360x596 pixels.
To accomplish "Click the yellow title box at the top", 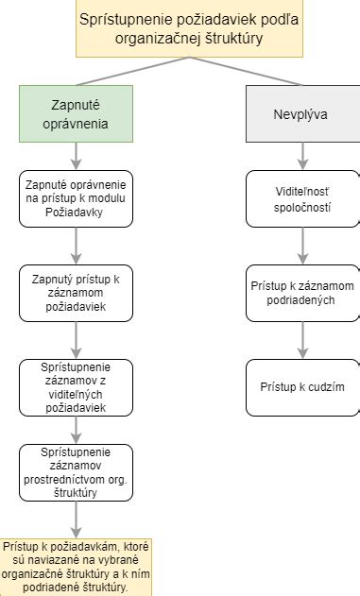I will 179,29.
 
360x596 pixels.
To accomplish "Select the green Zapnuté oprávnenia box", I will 76,113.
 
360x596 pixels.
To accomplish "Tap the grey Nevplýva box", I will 302,113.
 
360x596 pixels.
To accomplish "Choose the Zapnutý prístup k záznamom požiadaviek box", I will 76,293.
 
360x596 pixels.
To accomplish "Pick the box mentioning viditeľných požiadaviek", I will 76,387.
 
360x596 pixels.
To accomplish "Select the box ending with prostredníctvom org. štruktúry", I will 76,471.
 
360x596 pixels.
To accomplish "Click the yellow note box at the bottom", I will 76,567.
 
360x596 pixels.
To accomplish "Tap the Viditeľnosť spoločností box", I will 302,198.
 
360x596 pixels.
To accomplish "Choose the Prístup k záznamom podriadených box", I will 302,293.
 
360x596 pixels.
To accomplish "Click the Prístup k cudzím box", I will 302,387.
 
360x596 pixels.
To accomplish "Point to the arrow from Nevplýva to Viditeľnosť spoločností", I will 302,156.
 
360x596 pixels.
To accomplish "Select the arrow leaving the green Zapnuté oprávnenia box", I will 76,156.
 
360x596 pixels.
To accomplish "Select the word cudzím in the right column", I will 321,387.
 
